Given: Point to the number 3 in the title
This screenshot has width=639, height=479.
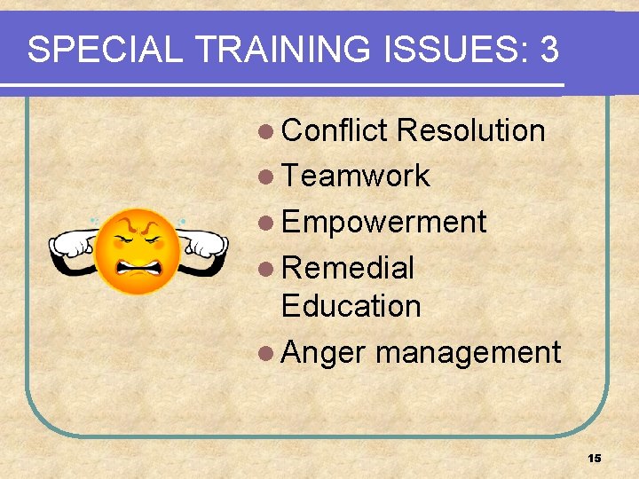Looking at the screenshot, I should (x=548, y=51).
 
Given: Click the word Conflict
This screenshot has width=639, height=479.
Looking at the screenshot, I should (x=335, y=130).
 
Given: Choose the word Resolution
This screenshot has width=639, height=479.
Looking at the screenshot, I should (x=470, y=130).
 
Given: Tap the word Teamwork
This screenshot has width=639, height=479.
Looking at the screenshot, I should (x=355, y=176).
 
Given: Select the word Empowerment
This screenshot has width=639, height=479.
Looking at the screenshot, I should (x=383, y=222).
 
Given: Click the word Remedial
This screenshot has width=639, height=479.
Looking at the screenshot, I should (x=347, y=267).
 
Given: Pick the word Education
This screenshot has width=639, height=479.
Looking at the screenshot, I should (x=351, y=306).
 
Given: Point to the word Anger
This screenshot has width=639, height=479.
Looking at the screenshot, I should (x=323, y=352).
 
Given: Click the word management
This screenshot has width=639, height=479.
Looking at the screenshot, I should (x=468, y=353).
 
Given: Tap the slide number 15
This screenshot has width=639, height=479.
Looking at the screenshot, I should (x=594, y=458).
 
